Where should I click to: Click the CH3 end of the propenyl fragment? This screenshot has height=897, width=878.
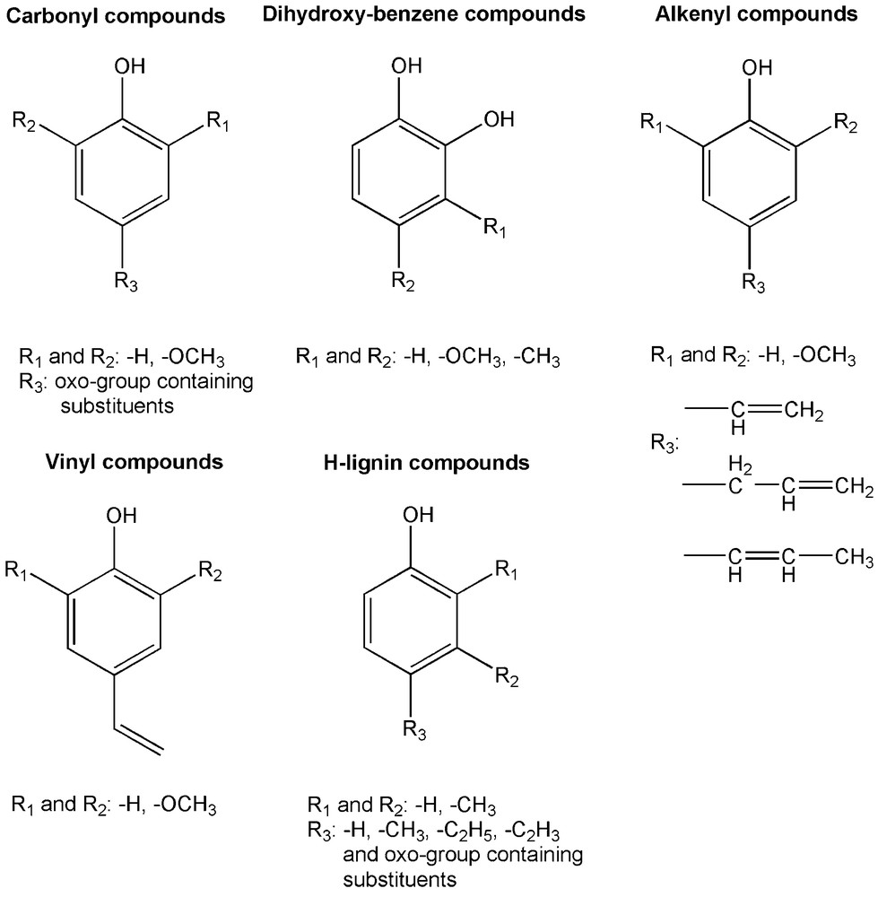coord(848,558)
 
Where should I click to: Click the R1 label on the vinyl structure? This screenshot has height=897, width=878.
coord(19,570)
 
